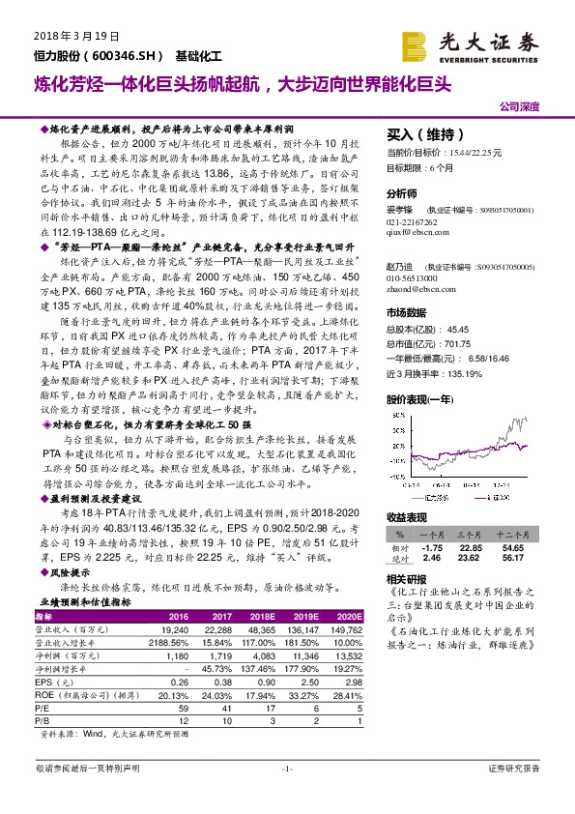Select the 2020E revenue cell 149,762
[345, 628]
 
